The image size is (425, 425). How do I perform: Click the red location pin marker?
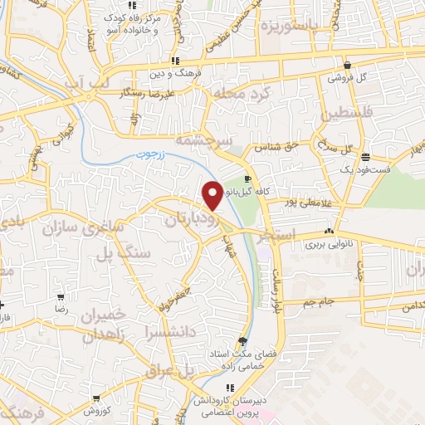click(212, 195)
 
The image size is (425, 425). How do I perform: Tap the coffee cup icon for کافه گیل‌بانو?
click(247, 178)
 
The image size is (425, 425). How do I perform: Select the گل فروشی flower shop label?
click(345, 77)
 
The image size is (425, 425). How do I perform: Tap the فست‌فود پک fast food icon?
click(377, 158)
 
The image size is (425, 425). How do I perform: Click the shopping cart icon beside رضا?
click(61, 297)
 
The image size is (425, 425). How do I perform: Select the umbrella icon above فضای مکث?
click(242, 340)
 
